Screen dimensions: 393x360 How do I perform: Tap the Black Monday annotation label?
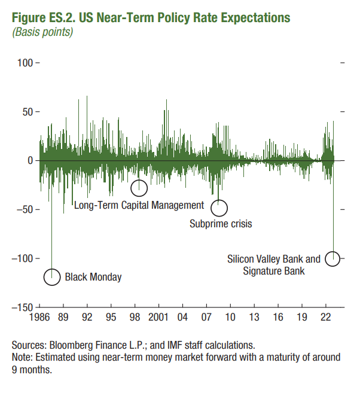tap(93, 277)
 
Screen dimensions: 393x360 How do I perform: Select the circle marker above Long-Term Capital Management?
tap(139, 188)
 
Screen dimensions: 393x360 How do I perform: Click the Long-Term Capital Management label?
tap(139, 205)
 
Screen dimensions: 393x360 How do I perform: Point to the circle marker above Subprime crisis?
tap(220, 208)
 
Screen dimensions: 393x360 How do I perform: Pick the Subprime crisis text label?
tap(221, 224)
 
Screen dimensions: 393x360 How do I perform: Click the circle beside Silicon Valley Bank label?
tap(332, 259)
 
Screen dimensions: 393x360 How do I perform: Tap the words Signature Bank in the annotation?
tap(274, 271)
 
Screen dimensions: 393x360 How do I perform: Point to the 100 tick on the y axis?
tap(25, 63)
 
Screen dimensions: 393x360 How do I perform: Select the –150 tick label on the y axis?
tap(22, 307)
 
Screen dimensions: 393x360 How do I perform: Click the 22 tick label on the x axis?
tap(327, 317)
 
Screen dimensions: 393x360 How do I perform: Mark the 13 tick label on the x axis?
tap(255, 317)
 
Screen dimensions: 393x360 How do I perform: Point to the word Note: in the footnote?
tap(24, 357)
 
